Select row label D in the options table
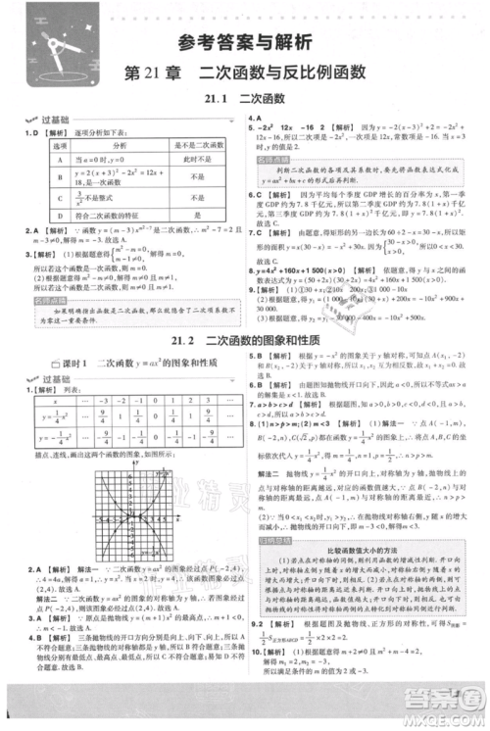60,213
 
